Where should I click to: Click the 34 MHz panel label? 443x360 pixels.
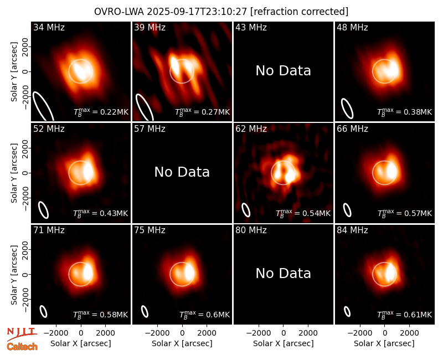click(49, 27)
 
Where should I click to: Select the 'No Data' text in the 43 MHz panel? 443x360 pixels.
click(283, 71)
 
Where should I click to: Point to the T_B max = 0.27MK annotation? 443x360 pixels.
click(202, 112)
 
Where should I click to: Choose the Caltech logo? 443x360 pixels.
click(22, 347)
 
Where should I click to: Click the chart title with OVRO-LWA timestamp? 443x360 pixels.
click(221, 12)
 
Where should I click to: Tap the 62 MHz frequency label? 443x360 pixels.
click(251, 129)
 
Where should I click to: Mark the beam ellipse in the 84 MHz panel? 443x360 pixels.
click(347, 311)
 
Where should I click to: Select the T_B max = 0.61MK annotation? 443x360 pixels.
click(405, 315)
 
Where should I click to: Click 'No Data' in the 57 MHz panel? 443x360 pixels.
click(182, 172)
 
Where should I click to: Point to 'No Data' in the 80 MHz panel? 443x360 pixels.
click(283, 274)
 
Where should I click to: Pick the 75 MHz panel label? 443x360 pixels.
click(150, 230)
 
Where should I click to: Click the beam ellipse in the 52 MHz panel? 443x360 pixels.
click(44, 210)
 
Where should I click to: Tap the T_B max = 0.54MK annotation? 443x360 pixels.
click(303, 213)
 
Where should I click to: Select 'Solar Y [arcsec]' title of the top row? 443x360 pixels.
click(14, 72)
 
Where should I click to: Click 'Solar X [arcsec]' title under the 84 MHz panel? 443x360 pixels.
click(384, 343)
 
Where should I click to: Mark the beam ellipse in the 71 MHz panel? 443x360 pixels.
click(43, 311)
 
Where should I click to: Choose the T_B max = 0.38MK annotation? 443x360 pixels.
click(405, 112)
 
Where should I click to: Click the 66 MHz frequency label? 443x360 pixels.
click(352, 129)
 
